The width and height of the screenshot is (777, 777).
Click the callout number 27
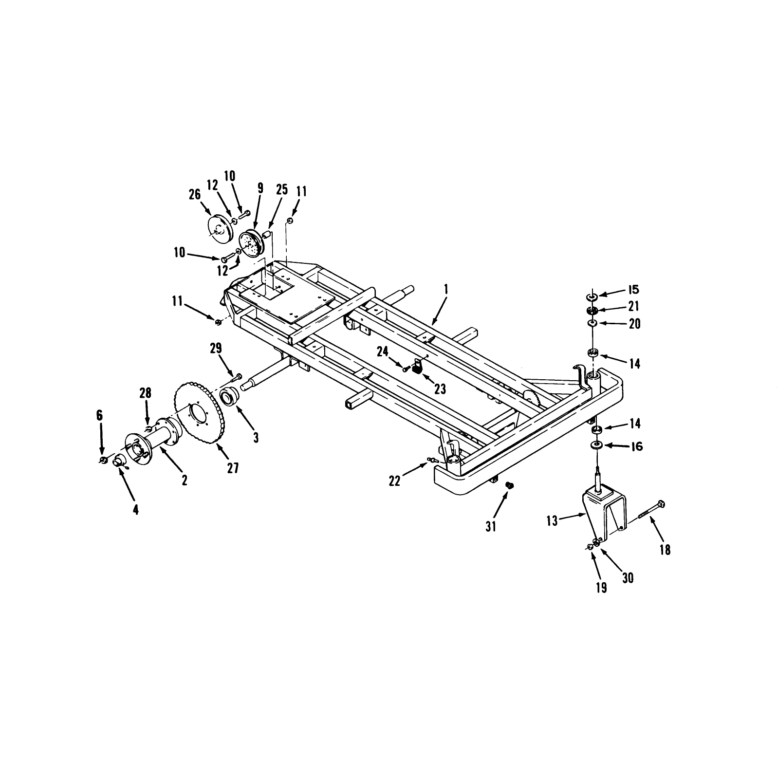233,468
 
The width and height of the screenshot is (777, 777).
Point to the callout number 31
491,526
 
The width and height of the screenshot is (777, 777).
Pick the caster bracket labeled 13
604,516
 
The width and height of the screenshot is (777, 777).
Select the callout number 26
195,194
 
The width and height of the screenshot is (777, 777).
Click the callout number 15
633,290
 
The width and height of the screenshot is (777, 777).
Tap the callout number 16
637,446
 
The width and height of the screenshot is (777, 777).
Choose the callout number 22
395,481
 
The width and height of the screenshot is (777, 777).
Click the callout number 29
215,348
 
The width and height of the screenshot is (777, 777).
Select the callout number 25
282,189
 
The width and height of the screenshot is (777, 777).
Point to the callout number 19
601,588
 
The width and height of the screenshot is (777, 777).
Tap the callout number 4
136,510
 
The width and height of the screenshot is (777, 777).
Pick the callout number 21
633,306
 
